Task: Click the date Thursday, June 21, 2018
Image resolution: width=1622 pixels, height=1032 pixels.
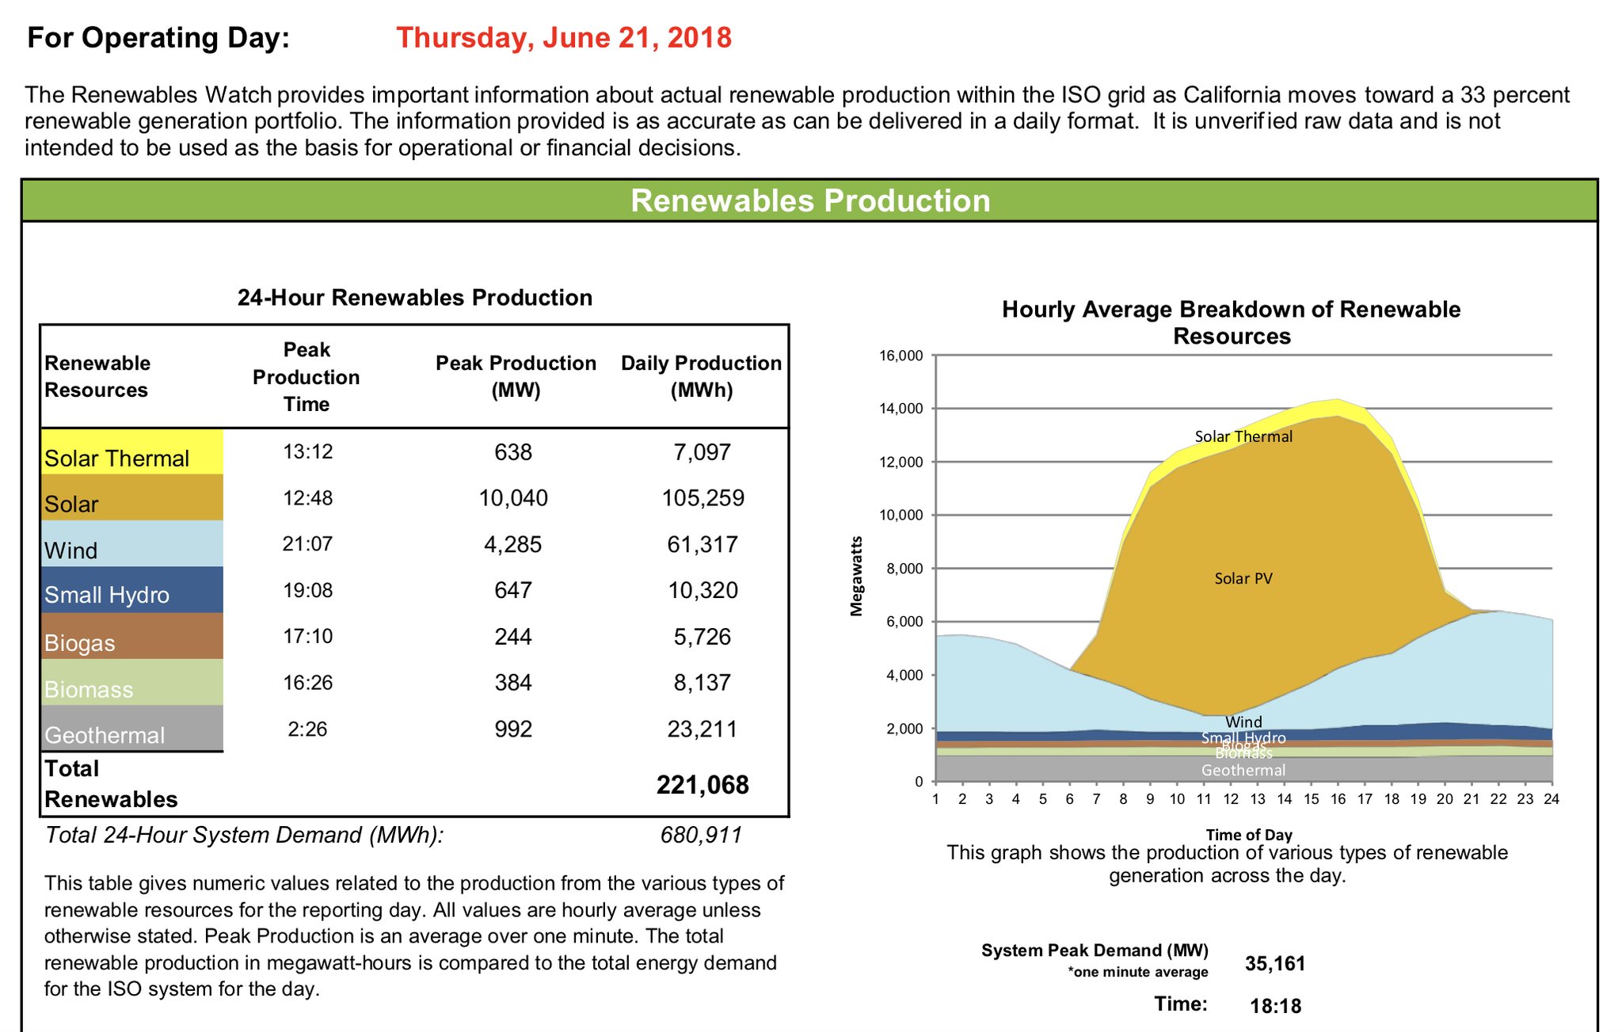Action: point(563,38)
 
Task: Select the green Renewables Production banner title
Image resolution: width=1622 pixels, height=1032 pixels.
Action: point(809,200)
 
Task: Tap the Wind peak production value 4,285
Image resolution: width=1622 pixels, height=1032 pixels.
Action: point(512,545)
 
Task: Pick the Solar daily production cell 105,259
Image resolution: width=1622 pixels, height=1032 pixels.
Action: point(702,498)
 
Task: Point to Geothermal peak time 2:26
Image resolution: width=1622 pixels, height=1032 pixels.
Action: point(307,729)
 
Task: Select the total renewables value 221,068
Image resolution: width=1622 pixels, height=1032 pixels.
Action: point(702,785)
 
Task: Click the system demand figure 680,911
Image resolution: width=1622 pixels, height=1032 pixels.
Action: point(701,835)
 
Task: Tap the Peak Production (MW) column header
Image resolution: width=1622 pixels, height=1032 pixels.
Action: point(516,376)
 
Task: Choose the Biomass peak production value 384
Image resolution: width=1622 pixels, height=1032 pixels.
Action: point(512,683)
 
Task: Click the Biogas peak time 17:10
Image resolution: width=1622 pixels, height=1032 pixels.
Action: point(307,637)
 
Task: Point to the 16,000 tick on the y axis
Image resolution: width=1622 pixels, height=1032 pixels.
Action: point(901,356)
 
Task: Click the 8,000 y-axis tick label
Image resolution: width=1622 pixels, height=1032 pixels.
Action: point(904,569)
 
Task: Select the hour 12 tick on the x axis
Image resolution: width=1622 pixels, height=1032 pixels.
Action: point(1231,799)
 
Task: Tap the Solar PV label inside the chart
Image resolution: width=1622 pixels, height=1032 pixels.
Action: point(1243,579)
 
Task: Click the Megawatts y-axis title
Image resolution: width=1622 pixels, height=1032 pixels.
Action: point(856,576)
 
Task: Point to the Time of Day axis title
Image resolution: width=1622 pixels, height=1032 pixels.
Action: point(1249,835)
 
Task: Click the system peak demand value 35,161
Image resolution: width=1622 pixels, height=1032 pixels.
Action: point(1275,964)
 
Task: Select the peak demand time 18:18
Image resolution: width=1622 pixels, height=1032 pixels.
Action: point(1275,1007)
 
